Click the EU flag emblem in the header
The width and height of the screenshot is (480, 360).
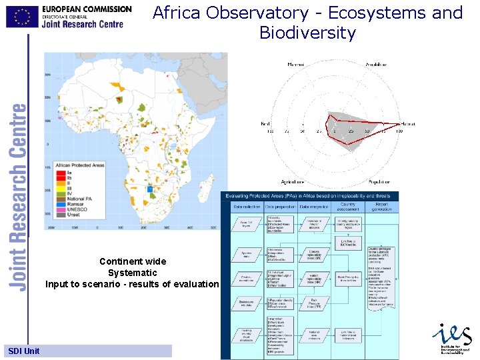click(x=23, y=16)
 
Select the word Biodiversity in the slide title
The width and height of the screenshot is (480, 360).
click(x=307, y=33)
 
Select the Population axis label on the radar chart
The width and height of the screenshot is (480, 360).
click(x=378, y=181)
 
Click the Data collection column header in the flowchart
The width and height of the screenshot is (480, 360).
click(x=246, y=207)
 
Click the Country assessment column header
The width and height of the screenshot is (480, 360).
click(x=348, y=207)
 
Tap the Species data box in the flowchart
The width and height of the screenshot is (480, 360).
click(x=247, y=255)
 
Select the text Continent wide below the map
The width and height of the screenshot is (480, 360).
click(x=133, y=261)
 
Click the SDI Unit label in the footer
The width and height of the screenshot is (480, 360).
click(x=24, y=351)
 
